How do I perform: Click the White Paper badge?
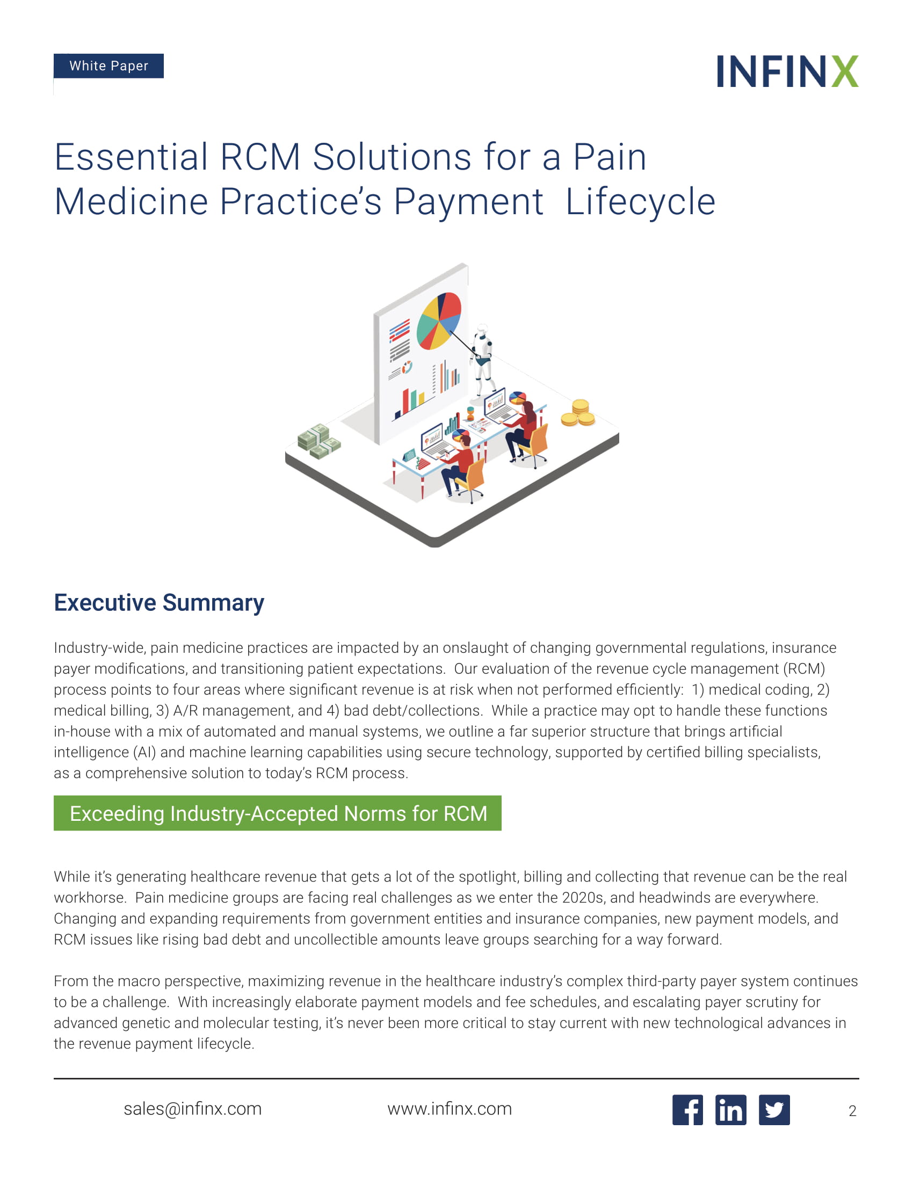[108, 66]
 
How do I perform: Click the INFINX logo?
[787, 71]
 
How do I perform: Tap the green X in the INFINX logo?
[845, 71]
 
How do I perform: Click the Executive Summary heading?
[159, 603]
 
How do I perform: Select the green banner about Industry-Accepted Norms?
[278, 813]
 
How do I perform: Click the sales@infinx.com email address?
[193, 1109]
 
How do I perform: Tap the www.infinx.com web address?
[450, 1109]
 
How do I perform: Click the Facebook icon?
[687, 1110]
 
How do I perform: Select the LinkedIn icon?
[731, 1110]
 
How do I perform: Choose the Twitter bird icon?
[774, 1110]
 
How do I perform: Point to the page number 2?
[852, 1111]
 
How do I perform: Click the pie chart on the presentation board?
[439, 320]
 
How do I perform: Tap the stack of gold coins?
[578, 413]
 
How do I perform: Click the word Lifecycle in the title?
[640, 202]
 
